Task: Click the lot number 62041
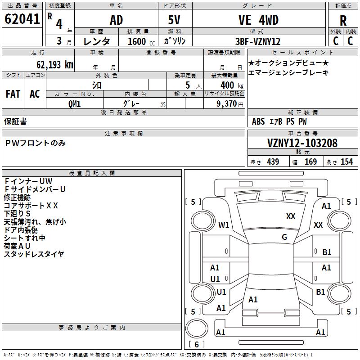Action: pyautogui.click(x=22, y=19)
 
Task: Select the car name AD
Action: pyautogui.click(x=117, y=20)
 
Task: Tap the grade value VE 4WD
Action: pyautogui.click(x=258, y=20)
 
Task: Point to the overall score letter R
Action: pyautogui.click(x=343, y=21)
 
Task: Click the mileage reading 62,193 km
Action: pyautogui.click(x=55, y=65)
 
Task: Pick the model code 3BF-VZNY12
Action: pyautogui.click(x=258, y=41)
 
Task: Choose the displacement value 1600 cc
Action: pyautogui.click(x=141, y=41)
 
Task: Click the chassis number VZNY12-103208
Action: pyautogui.click(x=302, y=143)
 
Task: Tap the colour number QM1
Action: pyautogui.click(x=74, y=104)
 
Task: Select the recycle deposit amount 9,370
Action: pyautogui.click(x=227, y=104)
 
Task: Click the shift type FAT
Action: pyautogui.click(x=13, y=94)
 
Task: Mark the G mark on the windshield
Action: pyautogui.click(x=284, y=237)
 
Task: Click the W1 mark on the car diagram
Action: pyautogui.click(x=224, y=225)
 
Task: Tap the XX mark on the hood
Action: pyautogui.click(x=291, y=216)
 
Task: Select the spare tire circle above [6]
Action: pyautogui.click(x=197, y=328)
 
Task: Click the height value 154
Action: pyautogui.click(x=346, y=162)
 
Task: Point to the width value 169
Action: pyautogui.click(x=310, y=162)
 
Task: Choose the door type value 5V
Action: pyautogui.click(x=174, y=20)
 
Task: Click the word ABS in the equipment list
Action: pyautogui.click(x=258, y=121)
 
